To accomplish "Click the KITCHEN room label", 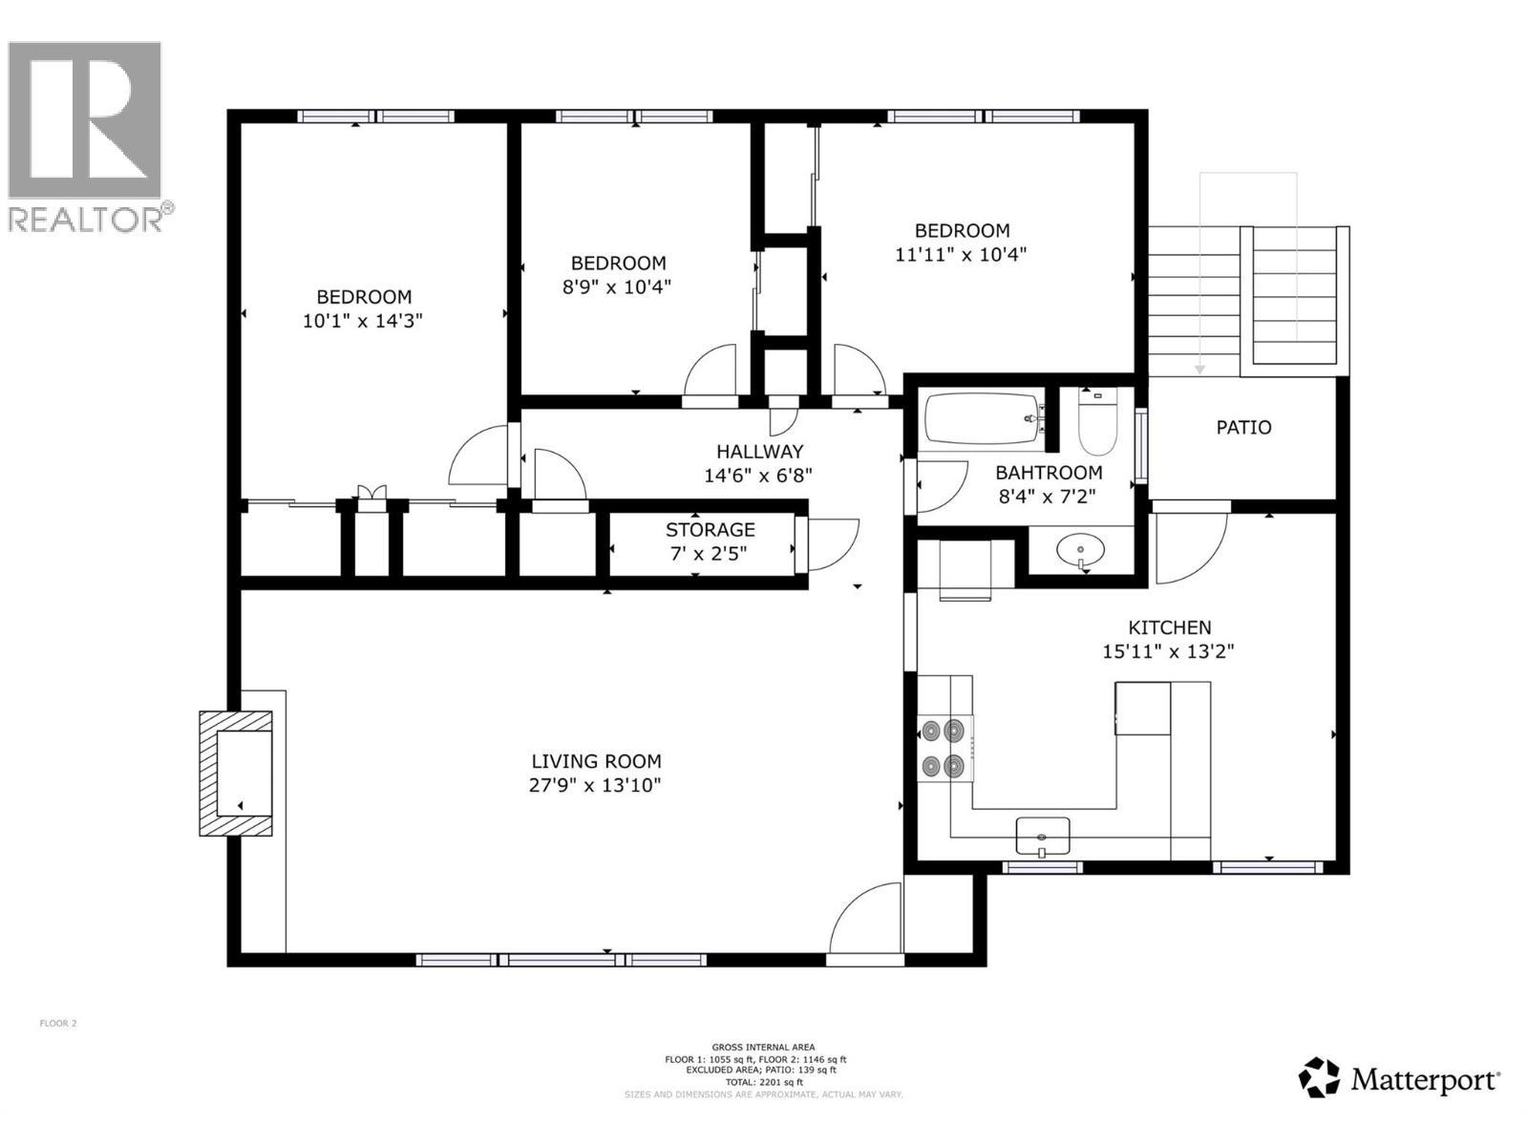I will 1169,627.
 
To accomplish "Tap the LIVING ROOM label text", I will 596,761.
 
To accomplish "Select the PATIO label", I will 1243,427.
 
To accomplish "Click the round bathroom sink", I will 1081,550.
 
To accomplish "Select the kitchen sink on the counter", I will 1042,836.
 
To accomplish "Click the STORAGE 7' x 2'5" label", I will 710,541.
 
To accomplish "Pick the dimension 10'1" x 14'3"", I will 362,321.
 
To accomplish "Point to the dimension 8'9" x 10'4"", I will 616,286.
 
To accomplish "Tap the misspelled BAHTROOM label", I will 1049,472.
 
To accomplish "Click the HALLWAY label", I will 759,451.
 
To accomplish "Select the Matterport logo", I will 1399,1079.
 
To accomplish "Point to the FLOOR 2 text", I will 57,1023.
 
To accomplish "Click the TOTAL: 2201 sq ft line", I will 763,1082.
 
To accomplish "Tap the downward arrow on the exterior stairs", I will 1200,368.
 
